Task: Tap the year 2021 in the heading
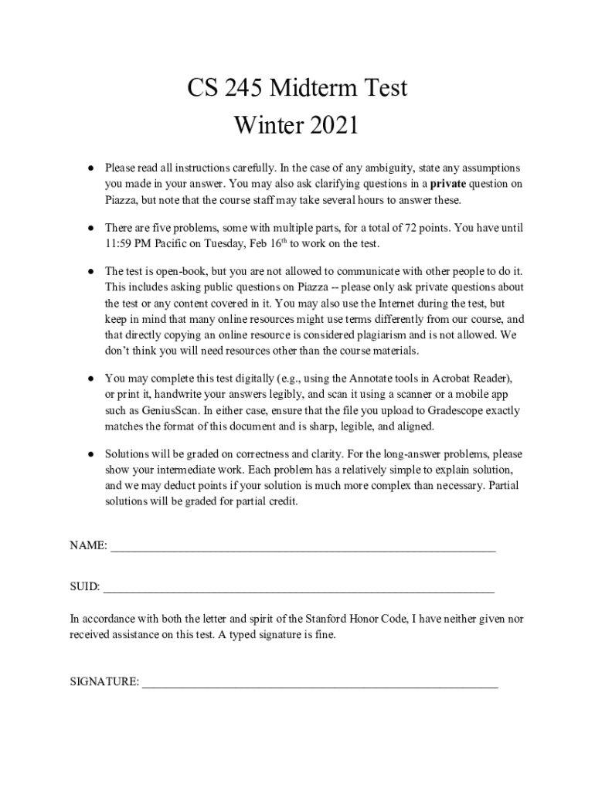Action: [331, 124]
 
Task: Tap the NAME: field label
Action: [88, 545]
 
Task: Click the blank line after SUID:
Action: [299, 589]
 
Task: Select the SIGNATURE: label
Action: [104, 683]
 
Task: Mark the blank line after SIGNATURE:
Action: [320, 684]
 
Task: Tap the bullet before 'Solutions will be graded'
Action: [90, 454]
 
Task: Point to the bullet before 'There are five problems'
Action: [90, 228]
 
